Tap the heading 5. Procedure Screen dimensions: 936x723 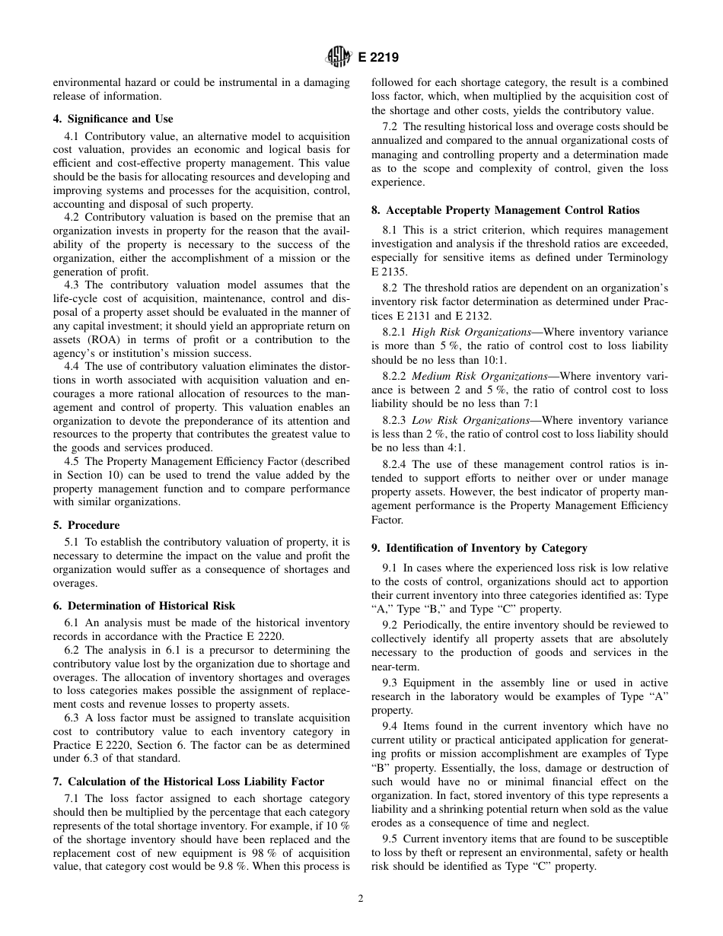pos(86,525)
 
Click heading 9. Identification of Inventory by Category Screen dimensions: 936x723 pos(479,547)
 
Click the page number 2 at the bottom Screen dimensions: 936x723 pos(361,898)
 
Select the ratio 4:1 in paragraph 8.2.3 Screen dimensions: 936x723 pos(450,447)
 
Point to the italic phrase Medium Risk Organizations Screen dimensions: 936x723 pos(479,376)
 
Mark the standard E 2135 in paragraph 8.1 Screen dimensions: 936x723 pos(389,271)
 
